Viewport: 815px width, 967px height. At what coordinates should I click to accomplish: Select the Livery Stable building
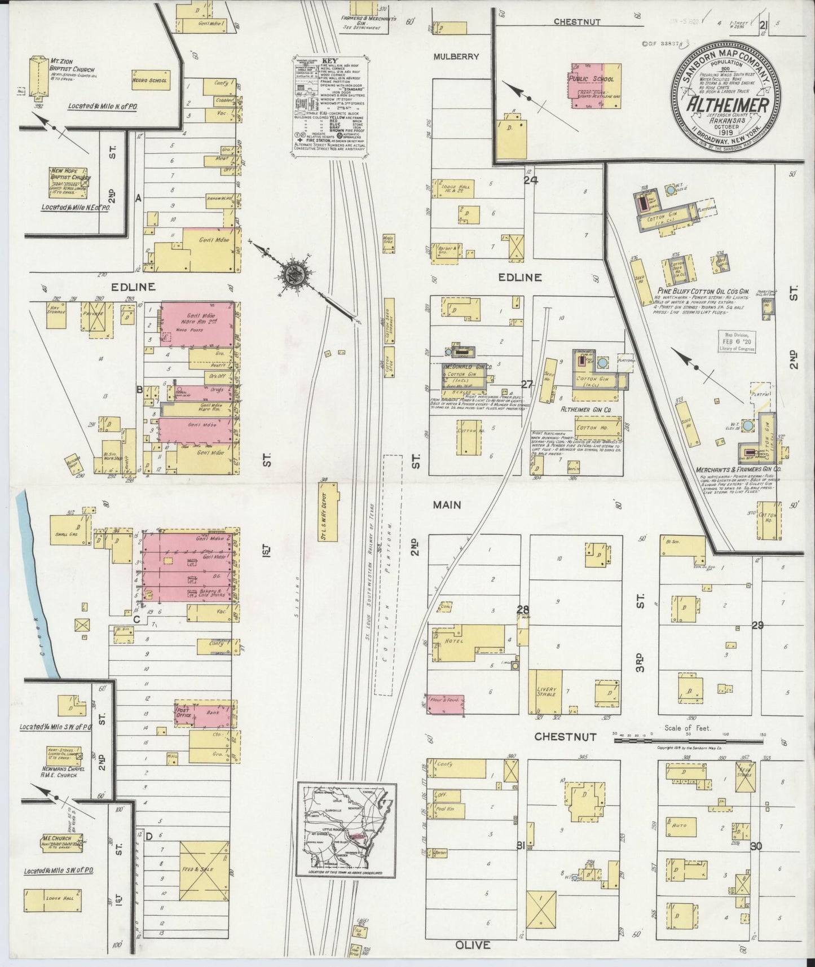(549, 692)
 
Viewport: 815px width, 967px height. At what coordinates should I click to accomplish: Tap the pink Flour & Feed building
(446, 702)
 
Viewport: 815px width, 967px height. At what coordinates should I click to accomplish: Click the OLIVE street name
(475, 944)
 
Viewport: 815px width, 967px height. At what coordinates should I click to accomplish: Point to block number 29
(757, 625)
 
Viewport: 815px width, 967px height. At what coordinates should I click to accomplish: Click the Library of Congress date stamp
(736, 341)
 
